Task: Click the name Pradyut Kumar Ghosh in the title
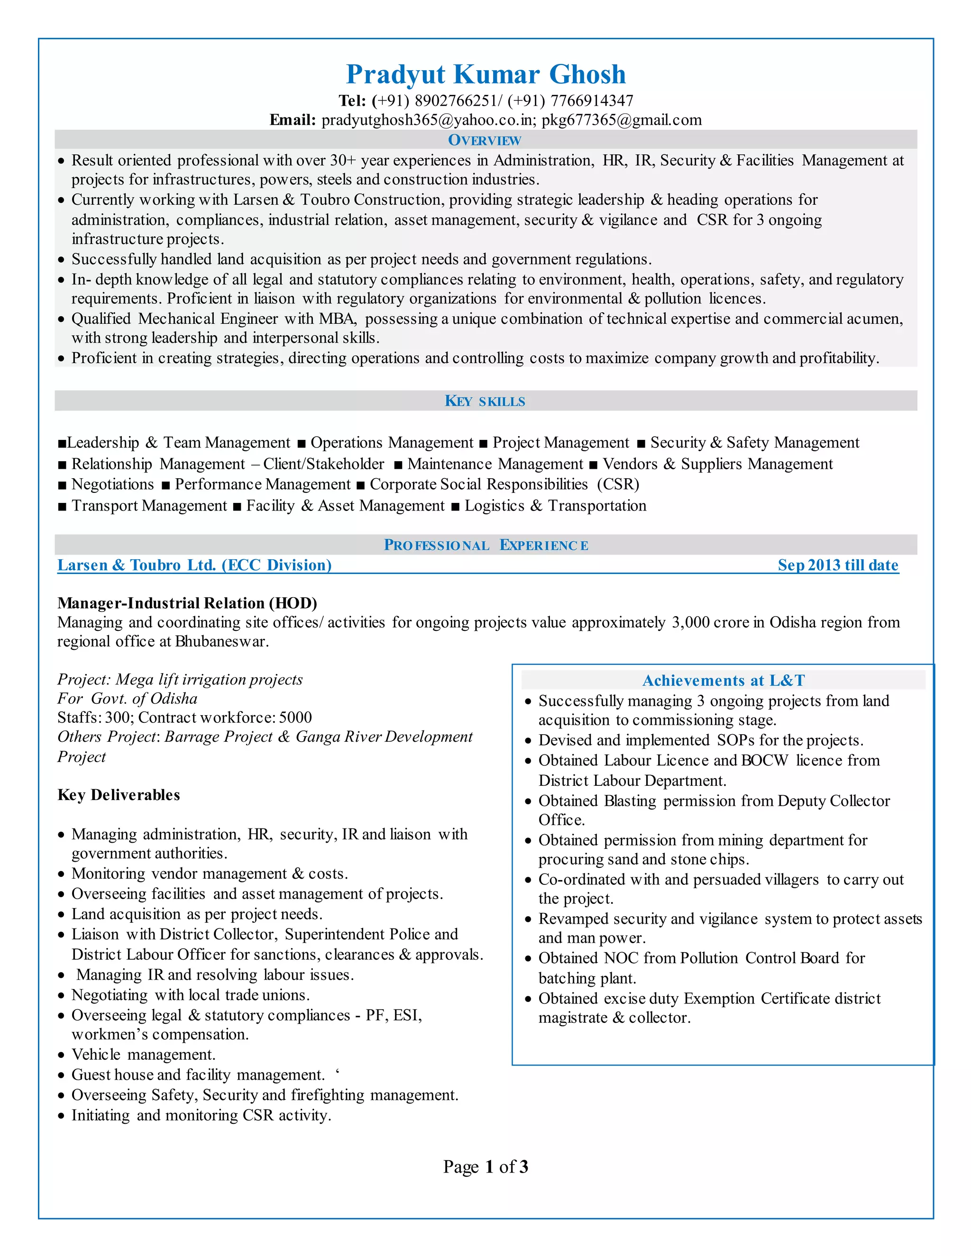[485, 74]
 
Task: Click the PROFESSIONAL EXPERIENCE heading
[485, 545]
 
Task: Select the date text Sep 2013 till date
[838, 565]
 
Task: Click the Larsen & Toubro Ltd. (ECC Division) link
[194, 565]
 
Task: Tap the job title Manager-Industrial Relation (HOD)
[187, 603]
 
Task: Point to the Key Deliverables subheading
[119, 795]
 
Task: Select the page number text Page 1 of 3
[485, 1167]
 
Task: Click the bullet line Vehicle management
[143, 1055]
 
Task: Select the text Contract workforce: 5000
[225, 718]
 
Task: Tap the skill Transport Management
[149, 506]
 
